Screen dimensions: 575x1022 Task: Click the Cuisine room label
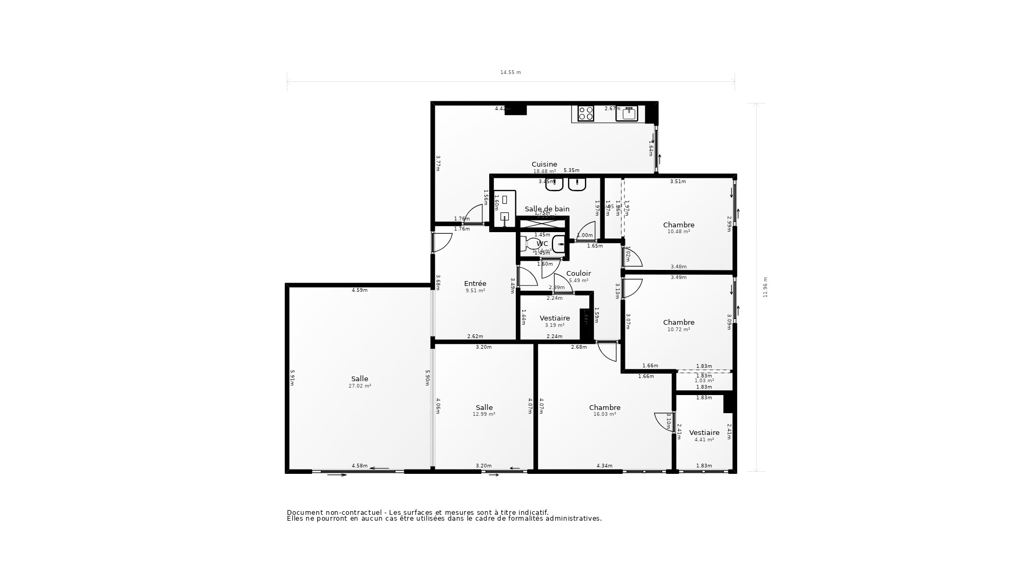[544, 165]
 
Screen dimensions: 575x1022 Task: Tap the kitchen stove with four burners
[586, 113]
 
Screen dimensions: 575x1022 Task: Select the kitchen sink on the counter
[627, 113]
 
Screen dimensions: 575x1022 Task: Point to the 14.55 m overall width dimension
[510, 72]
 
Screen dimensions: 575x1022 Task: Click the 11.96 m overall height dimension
[765, 287]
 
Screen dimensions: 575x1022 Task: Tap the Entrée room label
[475, 284]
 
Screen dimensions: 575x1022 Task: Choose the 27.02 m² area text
[360, 386]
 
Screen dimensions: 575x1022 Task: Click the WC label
[542, 244]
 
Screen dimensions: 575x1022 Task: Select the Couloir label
[578, 274]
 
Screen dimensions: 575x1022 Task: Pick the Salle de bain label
[547, 209]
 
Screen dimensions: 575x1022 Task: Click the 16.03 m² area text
[605, 414]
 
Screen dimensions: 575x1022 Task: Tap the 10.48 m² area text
[679, 232]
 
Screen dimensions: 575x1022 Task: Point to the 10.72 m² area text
[679, 330]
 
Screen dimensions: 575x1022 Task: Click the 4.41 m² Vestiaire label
[704, 433]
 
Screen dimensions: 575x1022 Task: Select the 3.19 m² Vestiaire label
[555, 318]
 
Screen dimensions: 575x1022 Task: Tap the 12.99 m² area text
[484, 414]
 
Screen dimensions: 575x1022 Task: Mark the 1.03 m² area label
[704, 381]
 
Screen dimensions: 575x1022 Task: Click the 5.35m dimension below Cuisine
[571, 170]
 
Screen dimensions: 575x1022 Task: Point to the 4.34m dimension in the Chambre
[604, 466]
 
